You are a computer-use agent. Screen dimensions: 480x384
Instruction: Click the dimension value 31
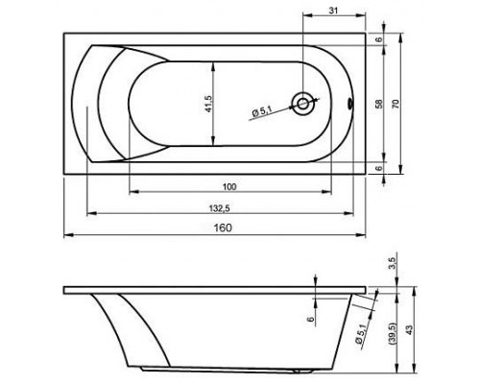[x=333, y=11]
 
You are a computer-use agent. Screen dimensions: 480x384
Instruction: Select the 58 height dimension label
[x=379, y=104]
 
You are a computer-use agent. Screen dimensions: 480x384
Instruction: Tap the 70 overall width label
[x=396, y=104]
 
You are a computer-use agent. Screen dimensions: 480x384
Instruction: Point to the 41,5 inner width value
[x=208, y=104]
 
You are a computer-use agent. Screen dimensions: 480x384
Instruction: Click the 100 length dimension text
[x=229, y=186]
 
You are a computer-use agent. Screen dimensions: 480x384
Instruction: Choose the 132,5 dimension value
[x=220, y=208]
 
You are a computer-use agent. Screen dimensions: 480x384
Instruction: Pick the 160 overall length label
[x=223, y=228]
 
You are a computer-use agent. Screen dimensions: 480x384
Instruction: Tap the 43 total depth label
[x=409, y=330]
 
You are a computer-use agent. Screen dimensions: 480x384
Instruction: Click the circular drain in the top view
[x=302, y=104]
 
